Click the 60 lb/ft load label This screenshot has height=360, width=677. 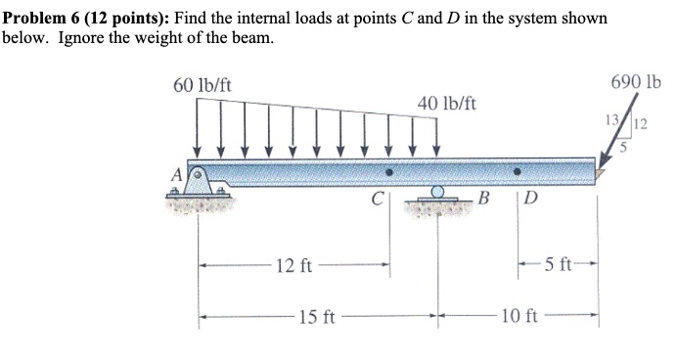pyautogui.click(x=202, y=87)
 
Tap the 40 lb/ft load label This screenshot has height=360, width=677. pyautogui.click(x=446, y=103)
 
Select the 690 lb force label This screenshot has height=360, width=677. pyautogui.click(x=637, y=83)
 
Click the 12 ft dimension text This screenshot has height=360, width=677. pyautogui.click(x=293, y=265)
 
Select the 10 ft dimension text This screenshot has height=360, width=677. pyautogui.click(x=518, y=316)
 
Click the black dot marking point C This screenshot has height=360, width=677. pyautogui.click(x=389, y=171)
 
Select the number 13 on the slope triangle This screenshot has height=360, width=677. pyautogui.click(x=611, y=120)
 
